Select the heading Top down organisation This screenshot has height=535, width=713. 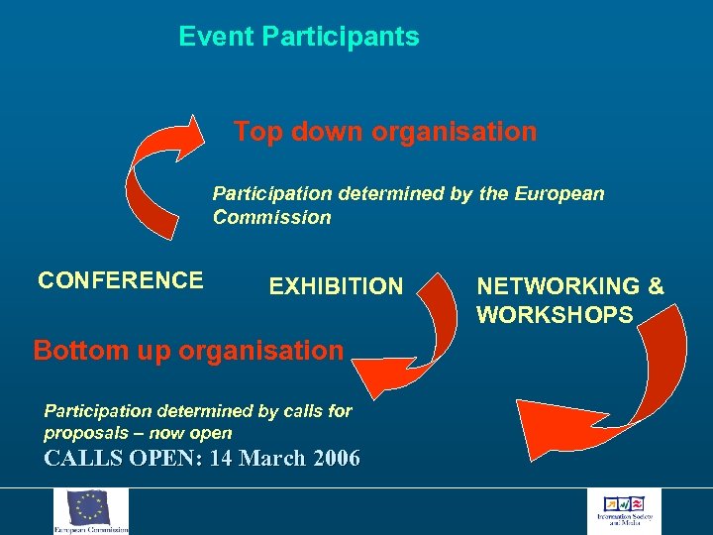pos(385,132)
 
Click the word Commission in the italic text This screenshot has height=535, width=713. pos(271,218)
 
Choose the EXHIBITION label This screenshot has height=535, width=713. pos(336,287)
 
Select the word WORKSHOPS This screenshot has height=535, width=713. pos(555,316)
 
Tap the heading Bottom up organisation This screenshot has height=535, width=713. pos(188,351)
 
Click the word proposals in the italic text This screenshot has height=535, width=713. pos(83,433)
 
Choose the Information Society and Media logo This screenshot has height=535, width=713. pos(624,511)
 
